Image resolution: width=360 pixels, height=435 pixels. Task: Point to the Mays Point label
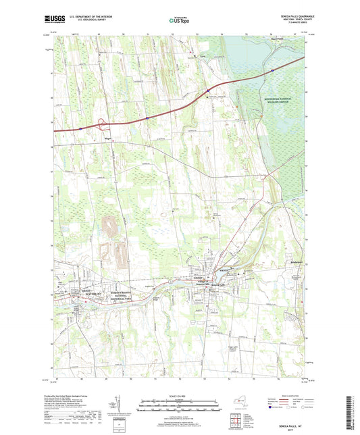tap(280, 37)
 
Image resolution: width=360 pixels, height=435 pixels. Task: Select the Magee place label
tap(108, 142)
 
